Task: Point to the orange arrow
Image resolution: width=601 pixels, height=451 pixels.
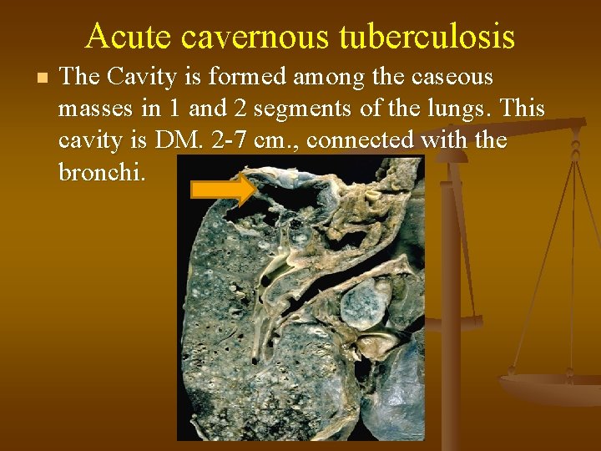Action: click(x=223, y=190)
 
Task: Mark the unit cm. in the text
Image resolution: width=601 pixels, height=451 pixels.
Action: click(x=277, y=140)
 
